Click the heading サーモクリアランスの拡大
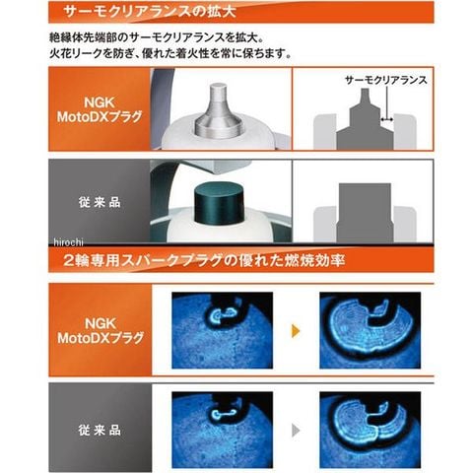(150, 12)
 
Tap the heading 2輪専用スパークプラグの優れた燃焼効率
(204, 260)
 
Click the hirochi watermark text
(68, 242)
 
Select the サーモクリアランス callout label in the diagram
(386, 80)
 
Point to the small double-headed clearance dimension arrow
(387, 119)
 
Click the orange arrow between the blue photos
(296, 331)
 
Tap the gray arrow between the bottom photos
(296, 430)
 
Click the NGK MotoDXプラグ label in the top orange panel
(100, 109)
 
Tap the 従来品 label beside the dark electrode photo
(100, 202)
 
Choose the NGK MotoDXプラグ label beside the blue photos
(101, 330)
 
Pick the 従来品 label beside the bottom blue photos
(100, 430)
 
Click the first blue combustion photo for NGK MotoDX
(222, 330)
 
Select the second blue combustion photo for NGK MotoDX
(371, 330)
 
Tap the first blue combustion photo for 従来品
(222, 430)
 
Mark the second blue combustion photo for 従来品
(371, 430)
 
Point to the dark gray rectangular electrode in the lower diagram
(365, 214)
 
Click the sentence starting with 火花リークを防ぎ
(170, 53)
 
